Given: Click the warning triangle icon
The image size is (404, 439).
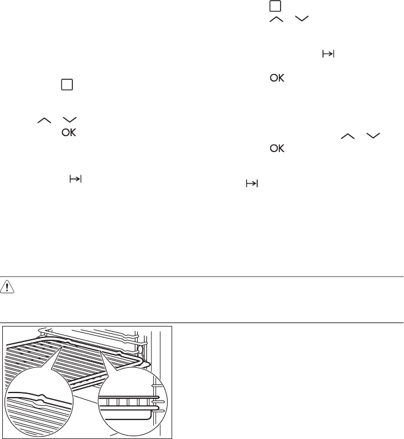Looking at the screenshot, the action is pos(7,287).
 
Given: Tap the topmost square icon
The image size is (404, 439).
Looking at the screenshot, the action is pos(275,6).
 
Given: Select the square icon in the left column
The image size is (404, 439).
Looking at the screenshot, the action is pos(67,84).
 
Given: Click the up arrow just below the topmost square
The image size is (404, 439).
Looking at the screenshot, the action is pos(277,19).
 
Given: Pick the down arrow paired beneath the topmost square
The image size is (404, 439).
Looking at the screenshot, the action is pos(302,19).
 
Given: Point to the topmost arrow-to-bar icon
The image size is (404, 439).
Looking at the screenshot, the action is pos(328,53).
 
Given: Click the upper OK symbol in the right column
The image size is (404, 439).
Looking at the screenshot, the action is pos(277,78).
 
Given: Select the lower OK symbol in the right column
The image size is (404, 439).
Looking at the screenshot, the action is pos(277,148).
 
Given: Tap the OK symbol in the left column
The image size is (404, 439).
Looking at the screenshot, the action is pos(69,133).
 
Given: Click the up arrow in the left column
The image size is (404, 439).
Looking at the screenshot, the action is pos(44,121).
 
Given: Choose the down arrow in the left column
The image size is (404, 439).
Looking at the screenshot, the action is pos(69,120).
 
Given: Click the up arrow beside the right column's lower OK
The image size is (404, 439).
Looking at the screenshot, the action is pos(348,136).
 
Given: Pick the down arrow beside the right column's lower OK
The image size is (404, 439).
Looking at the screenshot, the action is pos(373,136).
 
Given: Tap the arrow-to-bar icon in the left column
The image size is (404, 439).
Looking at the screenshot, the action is pos(75,179).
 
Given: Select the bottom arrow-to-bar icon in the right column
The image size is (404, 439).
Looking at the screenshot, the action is pos(252,184).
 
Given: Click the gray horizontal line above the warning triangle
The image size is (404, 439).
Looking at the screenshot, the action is pos(202,277).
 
